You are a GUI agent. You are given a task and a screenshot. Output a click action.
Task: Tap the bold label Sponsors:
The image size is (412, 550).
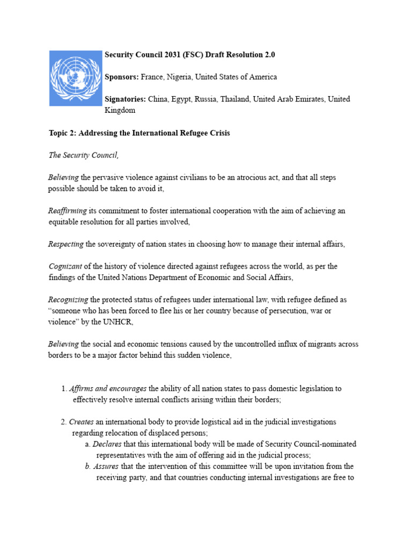pos(122,77)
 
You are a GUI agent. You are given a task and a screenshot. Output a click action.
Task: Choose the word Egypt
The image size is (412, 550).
pos(180,99)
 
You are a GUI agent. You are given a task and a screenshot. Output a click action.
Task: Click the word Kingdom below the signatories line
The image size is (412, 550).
pos(120,110)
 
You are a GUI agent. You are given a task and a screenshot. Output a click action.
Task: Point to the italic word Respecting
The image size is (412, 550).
pos(66,244)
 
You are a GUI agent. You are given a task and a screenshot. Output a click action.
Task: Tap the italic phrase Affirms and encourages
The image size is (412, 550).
pos(108,388)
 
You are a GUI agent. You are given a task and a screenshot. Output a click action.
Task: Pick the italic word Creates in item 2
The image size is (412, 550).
pos(82,422)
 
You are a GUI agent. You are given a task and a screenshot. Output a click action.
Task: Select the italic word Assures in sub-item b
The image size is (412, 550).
pos(105,466)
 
